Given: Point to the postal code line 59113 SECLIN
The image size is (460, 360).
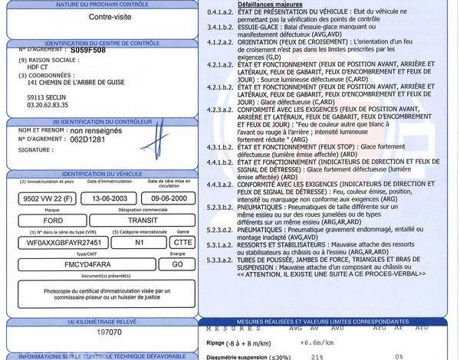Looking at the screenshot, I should point(47,98).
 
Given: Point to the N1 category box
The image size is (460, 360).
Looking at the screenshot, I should point(140,242).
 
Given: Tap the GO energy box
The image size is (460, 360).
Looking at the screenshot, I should point(177,264).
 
